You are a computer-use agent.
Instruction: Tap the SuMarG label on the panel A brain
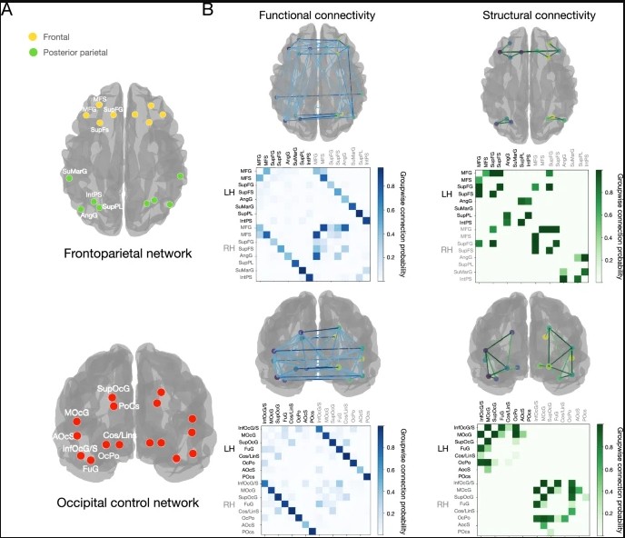(76, 172)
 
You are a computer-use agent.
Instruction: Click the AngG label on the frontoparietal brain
(89, 215)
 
